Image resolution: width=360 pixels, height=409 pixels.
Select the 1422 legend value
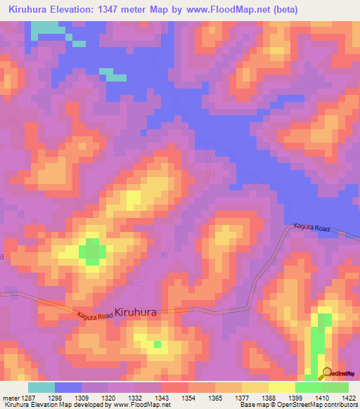pos(347,398)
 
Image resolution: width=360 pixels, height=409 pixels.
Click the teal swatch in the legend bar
pos(41,387)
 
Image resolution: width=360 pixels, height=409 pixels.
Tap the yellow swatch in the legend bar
pos(282,387)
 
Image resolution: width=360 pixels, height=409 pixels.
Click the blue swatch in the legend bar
pos(68,387)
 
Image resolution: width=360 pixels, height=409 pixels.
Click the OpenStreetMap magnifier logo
pos(327,372)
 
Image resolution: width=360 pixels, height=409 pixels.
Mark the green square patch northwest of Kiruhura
pos(92,252)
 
